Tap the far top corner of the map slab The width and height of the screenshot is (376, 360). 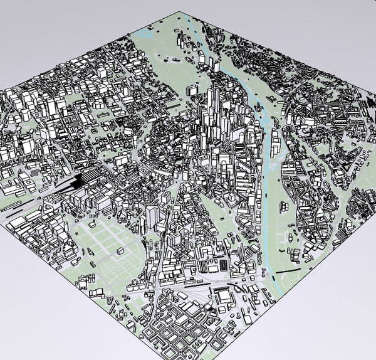pos(182,11)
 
